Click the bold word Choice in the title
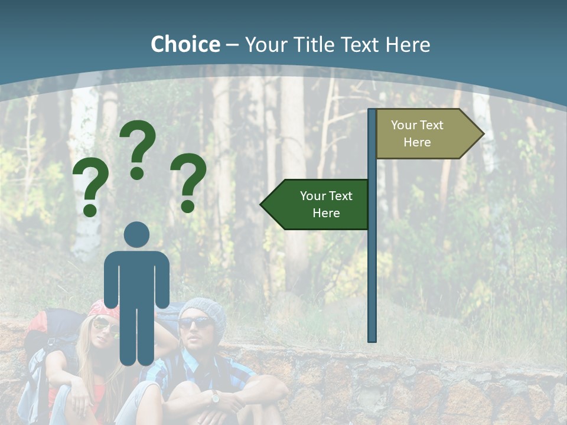185,44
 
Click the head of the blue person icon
137,234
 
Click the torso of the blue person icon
137,277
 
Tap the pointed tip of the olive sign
481,133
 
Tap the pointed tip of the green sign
263,204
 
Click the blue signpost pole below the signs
372,283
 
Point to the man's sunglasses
194,323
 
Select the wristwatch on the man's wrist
215,398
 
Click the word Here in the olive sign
417,142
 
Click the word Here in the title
408,44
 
